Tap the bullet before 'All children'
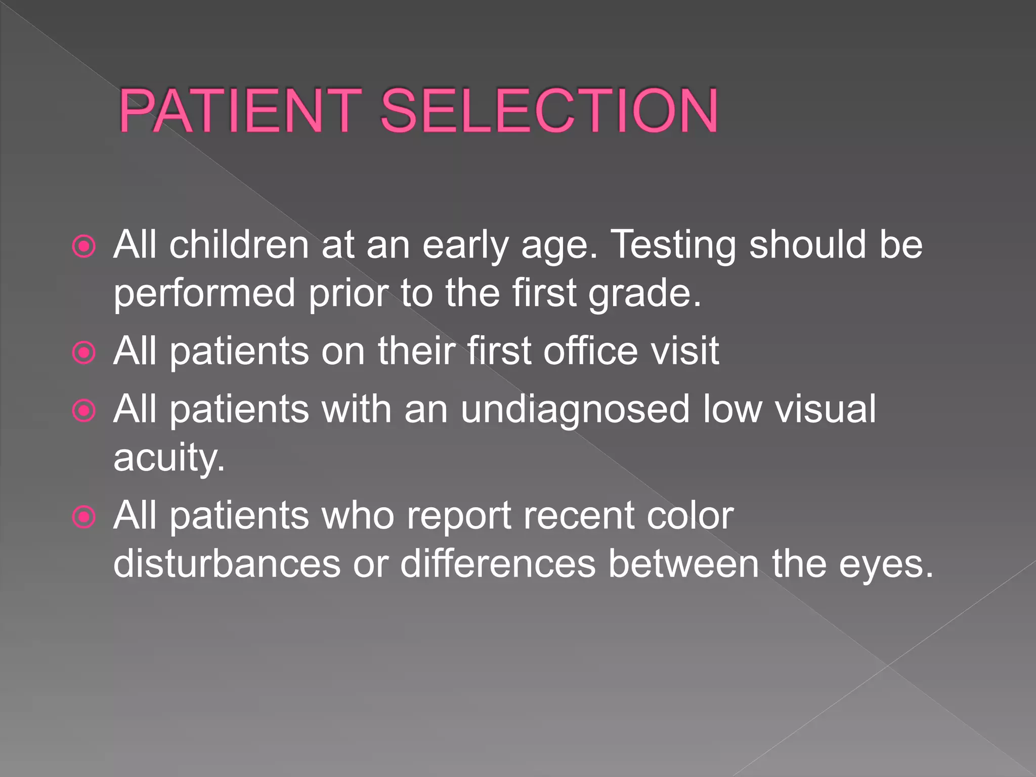(84, 247)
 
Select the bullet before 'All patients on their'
(84, 353)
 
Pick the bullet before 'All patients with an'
(84, 411)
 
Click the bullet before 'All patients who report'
(84, 517)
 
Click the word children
(239, 245)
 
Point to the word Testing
(673, 246)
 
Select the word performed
(204, 294)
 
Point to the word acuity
(169, 458)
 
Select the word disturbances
(227, 564)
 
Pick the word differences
(498, 564)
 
